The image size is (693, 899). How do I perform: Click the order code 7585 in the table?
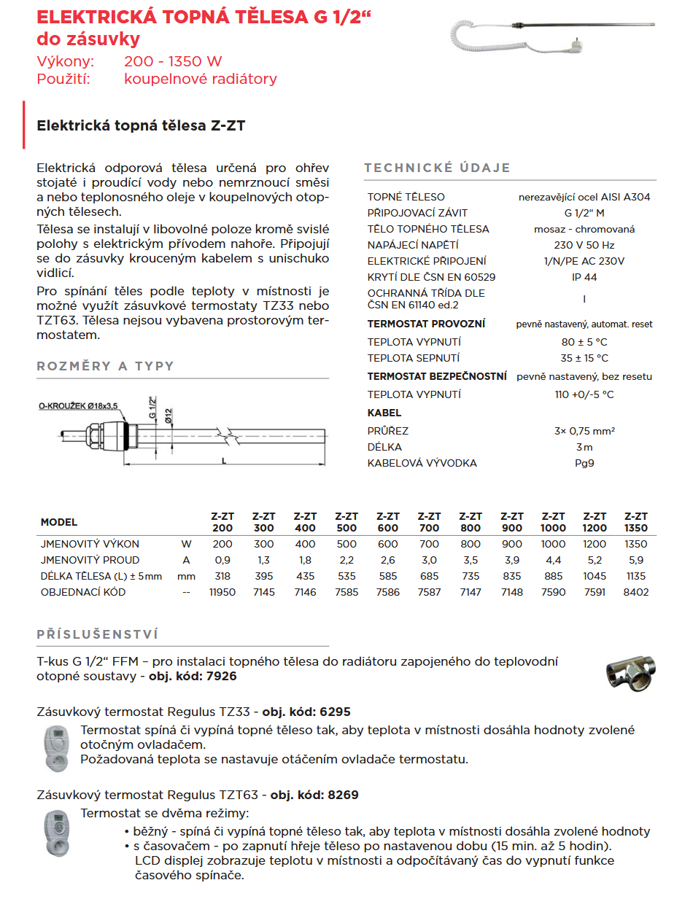(x=346, y=592)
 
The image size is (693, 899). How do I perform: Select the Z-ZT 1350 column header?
(x=636, y=522)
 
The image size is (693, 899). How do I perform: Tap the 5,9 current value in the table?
(x=636, y=560)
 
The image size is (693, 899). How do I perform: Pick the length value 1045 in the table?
(x=595, y=576)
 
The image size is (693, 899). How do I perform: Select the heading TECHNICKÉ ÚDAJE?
(x=437, y=168)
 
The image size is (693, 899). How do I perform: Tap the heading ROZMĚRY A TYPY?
(x=106, y=366)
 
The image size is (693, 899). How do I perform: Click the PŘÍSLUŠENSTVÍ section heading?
(x=98, y=635)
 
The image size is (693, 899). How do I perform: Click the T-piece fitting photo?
(x=632, y=671)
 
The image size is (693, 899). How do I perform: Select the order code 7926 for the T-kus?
(x=222, y=676)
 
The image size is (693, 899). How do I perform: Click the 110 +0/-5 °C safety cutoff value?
(x=584, y=394)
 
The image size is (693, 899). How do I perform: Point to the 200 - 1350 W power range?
(x=173, y=61)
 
